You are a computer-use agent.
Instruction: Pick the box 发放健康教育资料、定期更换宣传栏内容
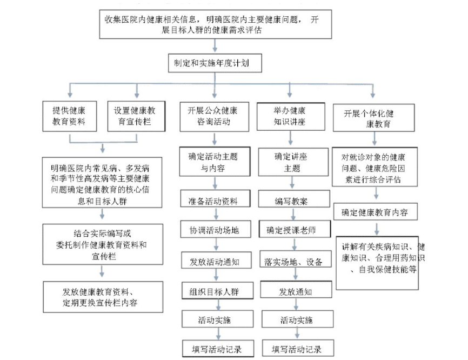pyautogui.click(x=103, y=296)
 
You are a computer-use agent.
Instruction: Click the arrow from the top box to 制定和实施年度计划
pyautogui.click(x=215, y=46)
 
